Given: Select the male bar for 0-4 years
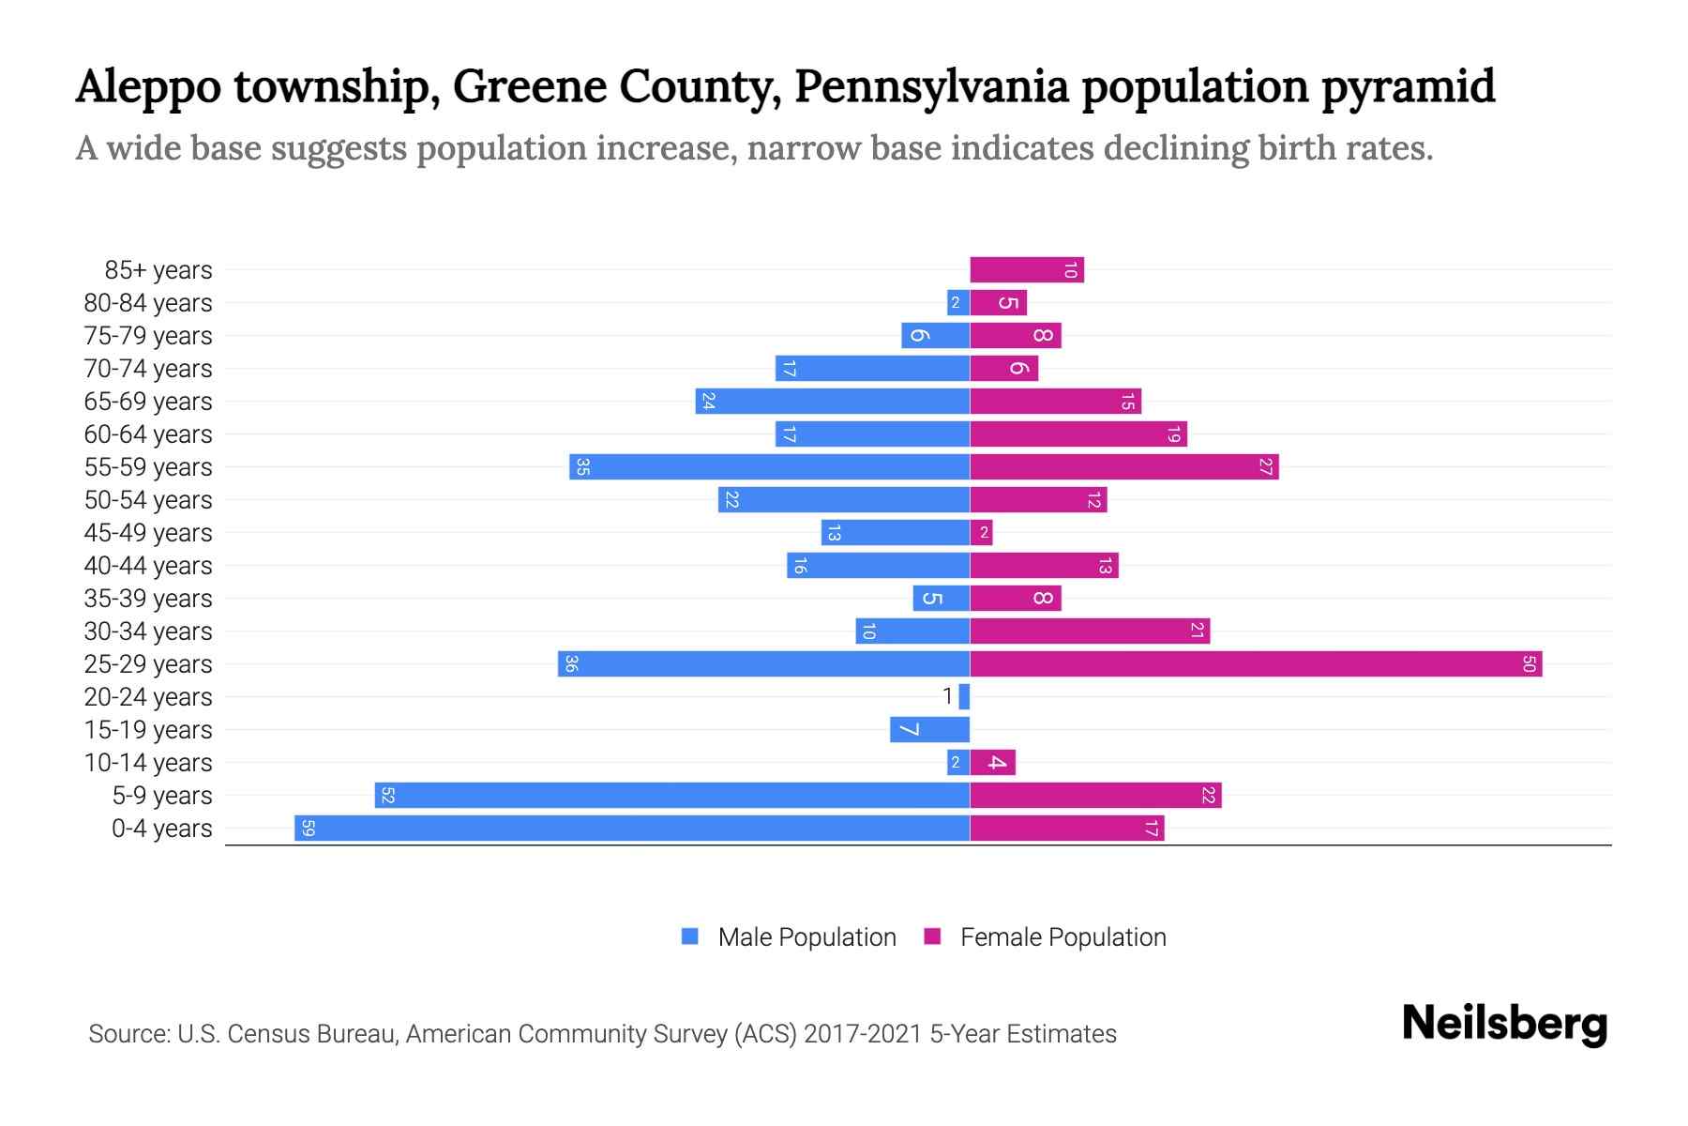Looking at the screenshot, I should pos(631,829).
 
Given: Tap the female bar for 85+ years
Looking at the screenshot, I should pos(1026,270).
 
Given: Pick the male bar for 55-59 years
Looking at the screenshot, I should pos(769,467).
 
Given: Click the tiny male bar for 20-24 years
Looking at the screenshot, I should pos(964,697).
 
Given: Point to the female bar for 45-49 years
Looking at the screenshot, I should pos(981,533).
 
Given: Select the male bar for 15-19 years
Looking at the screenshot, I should pos(929,730).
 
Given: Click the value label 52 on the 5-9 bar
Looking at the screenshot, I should pos(387,796).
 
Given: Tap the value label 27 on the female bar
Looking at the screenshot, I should pos(1265,467).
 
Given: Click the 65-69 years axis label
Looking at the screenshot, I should pos(148,402).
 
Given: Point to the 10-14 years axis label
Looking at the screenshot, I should pos(148,763).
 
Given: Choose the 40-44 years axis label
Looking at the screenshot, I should pos(148,566).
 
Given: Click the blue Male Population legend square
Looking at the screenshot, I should pos(690,936).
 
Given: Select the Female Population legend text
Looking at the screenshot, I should pos(1063,937).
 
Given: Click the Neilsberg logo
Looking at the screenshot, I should pos(1504,1024).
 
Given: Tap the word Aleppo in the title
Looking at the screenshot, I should pos(147,87).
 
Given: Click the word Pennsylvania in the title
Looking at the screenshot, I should pos(930,87).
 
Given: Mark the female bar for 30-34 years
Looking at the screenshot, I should pos(1089,631).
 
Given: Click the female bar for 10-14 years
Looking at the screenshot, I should pos(992,763).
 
